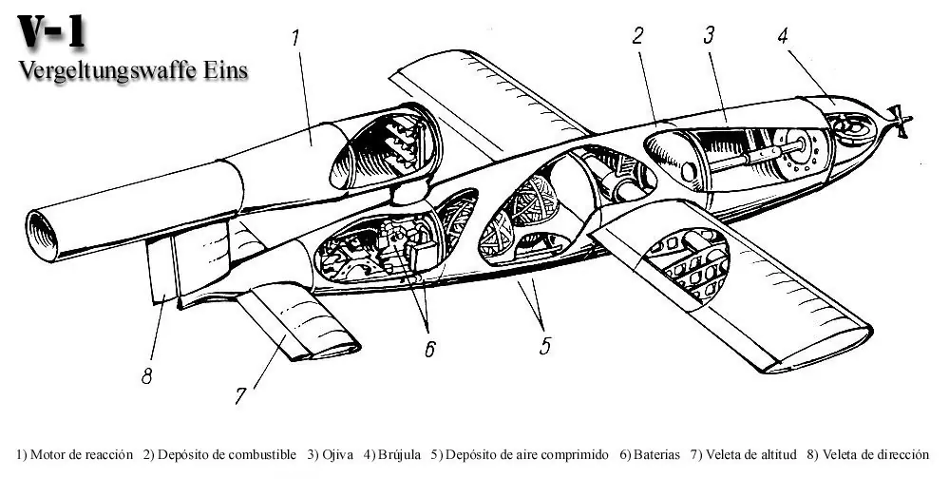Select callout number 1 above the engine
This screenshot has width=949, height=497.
pyautogui.click(x=295, y=38)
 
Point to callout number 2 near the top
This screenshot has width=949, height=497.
pyautogui.click(x=637, y=36)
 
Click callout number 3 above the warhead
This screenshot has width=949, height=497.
pyautogui.click(x=709, y=36)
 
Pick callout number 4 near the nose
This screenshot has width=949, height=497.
pyautogui.click(x=782, y=36)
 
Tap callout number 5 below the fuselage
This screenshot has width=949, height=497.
pyautogui.click(x=544, y=345)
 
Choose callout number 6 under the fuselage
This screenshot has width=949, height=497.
pyautogui.click(x=429, y=349)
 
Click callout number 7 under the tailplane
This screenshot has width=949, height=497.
pyautogui.click(x=241, y=393)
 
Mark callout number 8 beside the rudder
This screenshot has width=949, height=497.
pyautogui.click(x=147, y=376)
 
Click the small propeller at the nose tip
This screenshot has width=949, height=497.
pyautogui.click(x=897, y=121)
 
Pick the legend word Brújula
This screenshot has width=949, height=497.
pyautogui.click(x=397, y=455)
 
